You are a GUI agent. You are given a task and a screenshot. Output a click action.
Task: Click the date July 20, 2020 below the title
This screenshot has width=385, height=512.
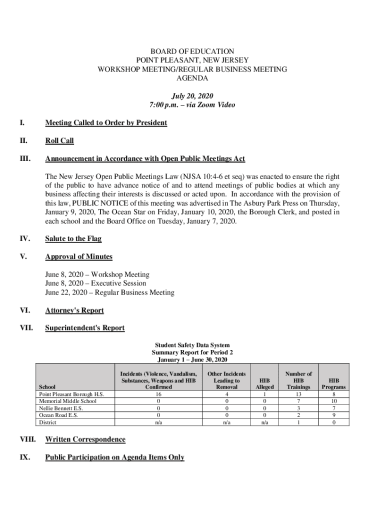click(x=192, y=96)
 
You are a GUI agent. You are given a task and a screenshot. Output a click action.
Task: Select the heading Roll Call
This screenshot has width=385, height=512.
click(x=59, y=141)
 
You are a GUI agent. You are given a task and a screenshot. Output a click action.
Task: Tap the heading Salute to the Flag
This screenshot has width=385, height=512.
click(x=73, y=239)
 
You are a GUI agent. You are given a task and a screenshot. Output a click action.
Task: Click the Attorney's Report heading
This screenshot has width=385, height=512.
click(x=74, y=310)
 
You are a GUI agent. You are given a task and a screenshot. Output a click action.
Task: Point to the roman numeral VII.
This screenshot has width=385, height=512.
click(x=26, y=328)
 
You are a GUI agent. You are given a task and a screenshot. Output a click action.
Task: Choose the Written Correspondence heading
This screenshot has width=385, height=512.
click(x=85, y=439)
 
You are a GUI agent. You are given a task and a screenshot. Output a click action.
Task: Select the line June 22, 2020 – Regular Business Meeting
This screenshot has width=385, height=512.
click(x=109, y=292)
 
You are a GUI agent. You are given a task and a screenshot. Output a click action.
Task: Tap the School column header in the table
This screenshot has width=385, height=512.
click(x=47, y=387)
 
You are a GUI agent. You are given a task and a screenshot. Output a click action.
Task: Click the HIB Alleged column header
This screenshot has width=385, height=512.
click(x=264, y=383)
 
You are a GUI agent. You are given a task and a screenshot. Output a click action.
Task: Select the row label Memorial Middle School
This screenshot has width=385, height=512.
click(x=67, y=401)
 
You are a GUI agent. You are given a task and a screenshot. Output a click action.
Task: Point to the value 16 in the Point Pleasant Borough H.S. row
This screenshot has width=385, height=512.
click(x=158, y=394)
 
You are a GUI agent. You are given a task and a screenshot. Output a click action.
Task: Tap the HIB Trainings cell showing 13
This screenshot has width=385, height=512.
click(x=298, y=394)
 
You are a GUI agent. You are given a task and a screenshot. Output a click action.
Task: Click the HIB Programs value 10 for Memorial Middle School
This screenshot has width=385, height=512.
click(x=333, y=401)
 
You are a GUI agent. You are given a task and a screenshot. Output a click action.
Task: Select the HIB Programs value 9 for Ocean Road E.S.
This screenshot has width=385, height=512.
click(x=333, y=415)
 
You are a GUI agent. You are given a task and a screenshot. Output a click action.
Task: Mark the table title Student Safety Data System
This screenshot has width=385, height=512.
click(x=192, y=345)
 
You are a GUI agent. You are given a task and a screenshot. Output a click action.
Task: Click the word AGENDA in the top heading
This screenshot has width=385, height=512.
click(x=192, y=78)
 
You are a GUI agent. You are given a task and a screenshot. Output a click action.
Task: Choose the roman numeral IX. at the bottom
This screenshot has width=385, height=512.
click(x=26, y=457)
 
